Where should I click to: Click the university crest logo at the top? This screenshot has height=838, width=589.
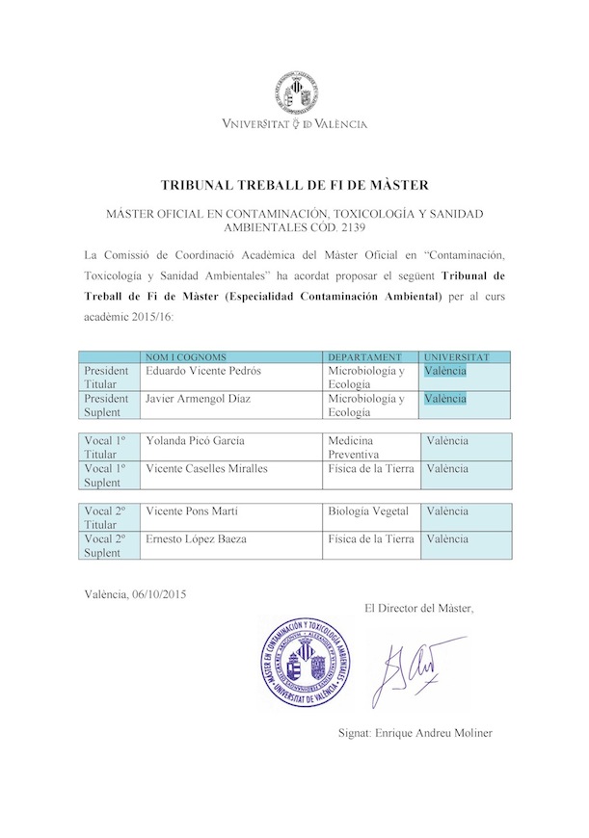click(x=294, y=92)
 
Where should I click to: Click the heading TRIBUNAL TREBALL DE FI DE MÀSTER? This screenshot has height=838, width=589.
click(x=294, y=184)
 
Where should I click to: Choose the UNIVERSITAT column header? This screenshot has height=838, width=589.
click(x=458, y=357)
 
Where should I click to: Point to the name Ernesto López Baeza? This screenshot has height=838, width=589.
click(x=196, y=539)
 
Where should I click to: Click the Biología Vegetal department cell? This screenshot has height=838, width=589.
click(x=369, y=511)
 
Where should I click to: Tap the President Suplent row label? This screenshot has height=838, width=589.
click(x=106, y=406)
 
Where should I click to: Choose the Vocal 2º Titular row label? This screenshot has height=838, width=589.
click(x=106, y=518)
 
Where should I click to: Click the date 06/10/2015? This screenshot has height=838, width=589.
click(x=155, y=594)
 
